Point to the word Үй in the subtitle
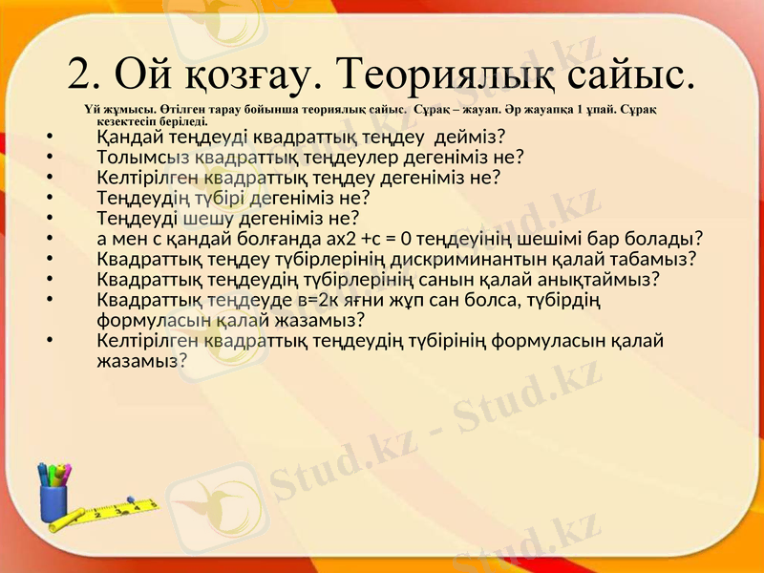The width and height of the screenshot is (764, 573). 93,110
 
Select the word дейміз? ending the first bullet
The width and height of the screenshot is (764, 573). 470,137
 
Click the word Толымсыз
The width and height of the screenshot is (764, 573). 139,157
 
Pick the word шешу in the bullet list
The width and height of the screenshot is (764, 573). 207,218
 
